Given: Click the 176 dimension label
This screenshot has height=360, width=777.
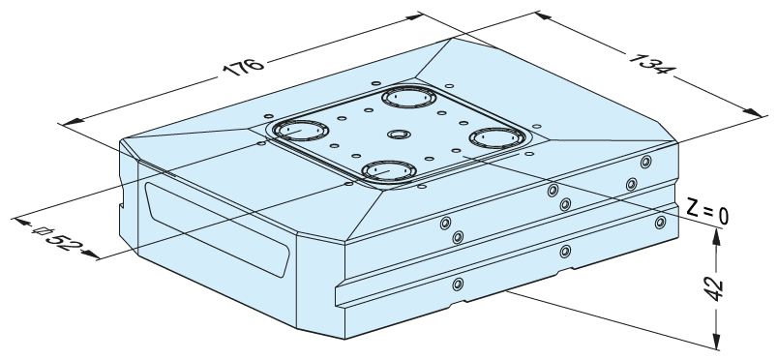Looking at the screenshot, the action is click(243, 68).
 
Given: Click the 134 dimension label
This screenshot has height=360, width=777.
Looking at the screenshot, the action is click(651, 63).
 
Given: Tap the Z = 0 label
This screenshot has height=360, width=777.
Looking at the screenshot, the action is click(707, 212).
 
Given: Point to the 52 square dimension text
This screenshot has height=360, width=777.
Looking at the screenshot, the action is click(59, 239).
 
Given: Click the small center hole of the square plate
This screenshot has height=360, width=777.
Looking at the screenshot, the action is click(399, 135).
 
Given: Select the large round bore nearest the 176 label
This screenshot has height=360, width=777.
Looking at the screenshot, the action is click(300, 131).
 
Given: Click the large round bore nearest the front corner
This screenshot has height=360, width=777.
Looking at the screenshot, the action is click(389, 171).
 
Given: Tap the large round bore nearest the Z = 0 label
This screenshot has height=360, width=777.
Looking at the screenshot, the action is click(497, 137).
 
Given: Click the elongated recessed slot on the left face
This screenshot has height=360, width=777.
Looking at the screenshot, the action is click(217, 228).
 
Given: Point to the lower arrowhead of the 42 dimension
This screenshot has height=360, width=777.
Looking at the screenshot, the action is click(715, 341).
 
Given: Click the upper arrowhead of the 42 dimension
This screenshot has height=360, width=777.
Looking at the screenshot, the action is click(716, 236).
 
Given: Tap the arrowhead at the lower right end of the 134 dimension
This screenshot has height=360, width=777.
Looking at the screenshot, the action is click(753, 112).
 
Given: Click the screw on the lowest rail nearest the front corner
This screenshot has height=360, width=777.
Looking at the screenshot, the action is click(458, 285).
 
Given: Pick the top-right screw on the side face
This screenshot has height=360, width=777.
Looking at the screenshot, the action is click(645, 162).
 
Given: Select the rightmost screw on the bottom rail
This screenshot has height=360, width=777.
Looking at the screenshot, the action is click(660, 223).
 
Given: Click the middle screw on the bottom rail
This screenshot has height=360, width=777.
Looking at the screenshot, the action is click(565, 252).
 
